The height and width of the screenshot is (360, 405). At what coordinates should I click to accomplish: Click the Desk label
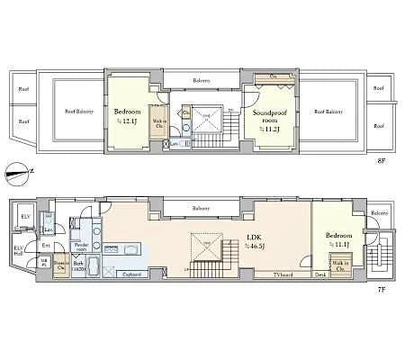(320, 274)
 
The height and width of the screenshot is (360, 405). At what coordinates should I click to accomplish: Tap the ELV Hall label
(20, 251)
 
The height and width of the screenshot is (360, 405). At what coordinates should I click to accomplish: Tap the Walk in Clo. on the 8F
(158, 125)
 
